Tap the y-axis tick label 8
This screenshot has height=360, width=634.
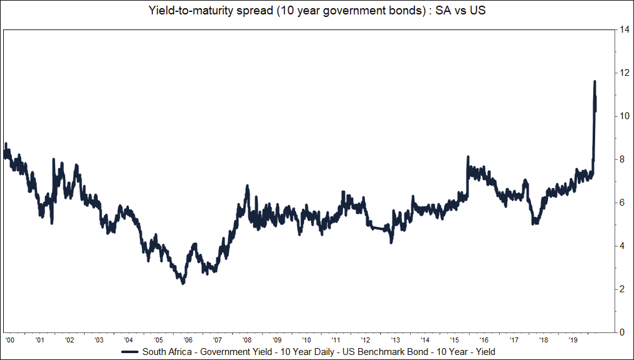[623, 159]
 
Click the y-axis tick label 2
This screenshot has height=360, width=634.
[623, 289]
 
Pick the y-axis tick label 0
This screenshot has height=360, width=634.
[623, 332]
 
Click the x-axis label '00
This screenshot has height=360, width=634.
[9, 339]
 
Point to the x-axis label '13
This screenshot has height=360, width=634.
[396, 339]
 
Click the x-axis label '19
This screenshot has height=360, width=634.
[574, 339]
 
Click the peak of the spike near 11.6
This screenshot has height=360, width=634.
[594, 82]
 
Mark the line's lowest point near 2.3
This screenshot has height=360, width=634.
[183, 283]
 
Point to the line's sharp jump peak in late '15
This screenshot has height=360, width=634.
[468, 157]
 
